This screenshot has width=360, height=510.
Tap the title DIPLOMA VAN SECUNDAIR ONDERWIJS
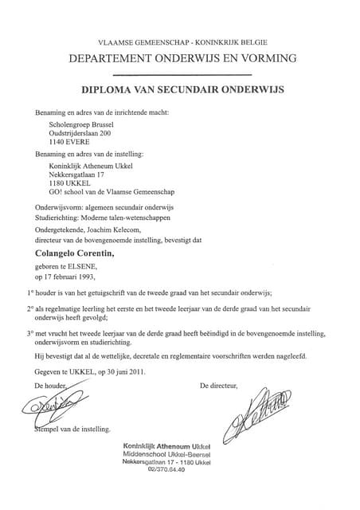[182, 91]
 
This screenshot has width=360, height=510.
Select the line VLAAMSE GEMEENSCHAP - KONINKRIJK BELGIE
[182, 41]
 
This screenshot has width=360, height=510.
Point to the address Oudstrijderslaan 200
[83, 135]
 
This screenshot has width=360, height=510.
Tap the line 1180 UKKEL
[70, 182]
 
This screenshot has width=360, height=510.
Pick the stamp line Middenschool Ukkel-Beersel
[166, 453]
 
